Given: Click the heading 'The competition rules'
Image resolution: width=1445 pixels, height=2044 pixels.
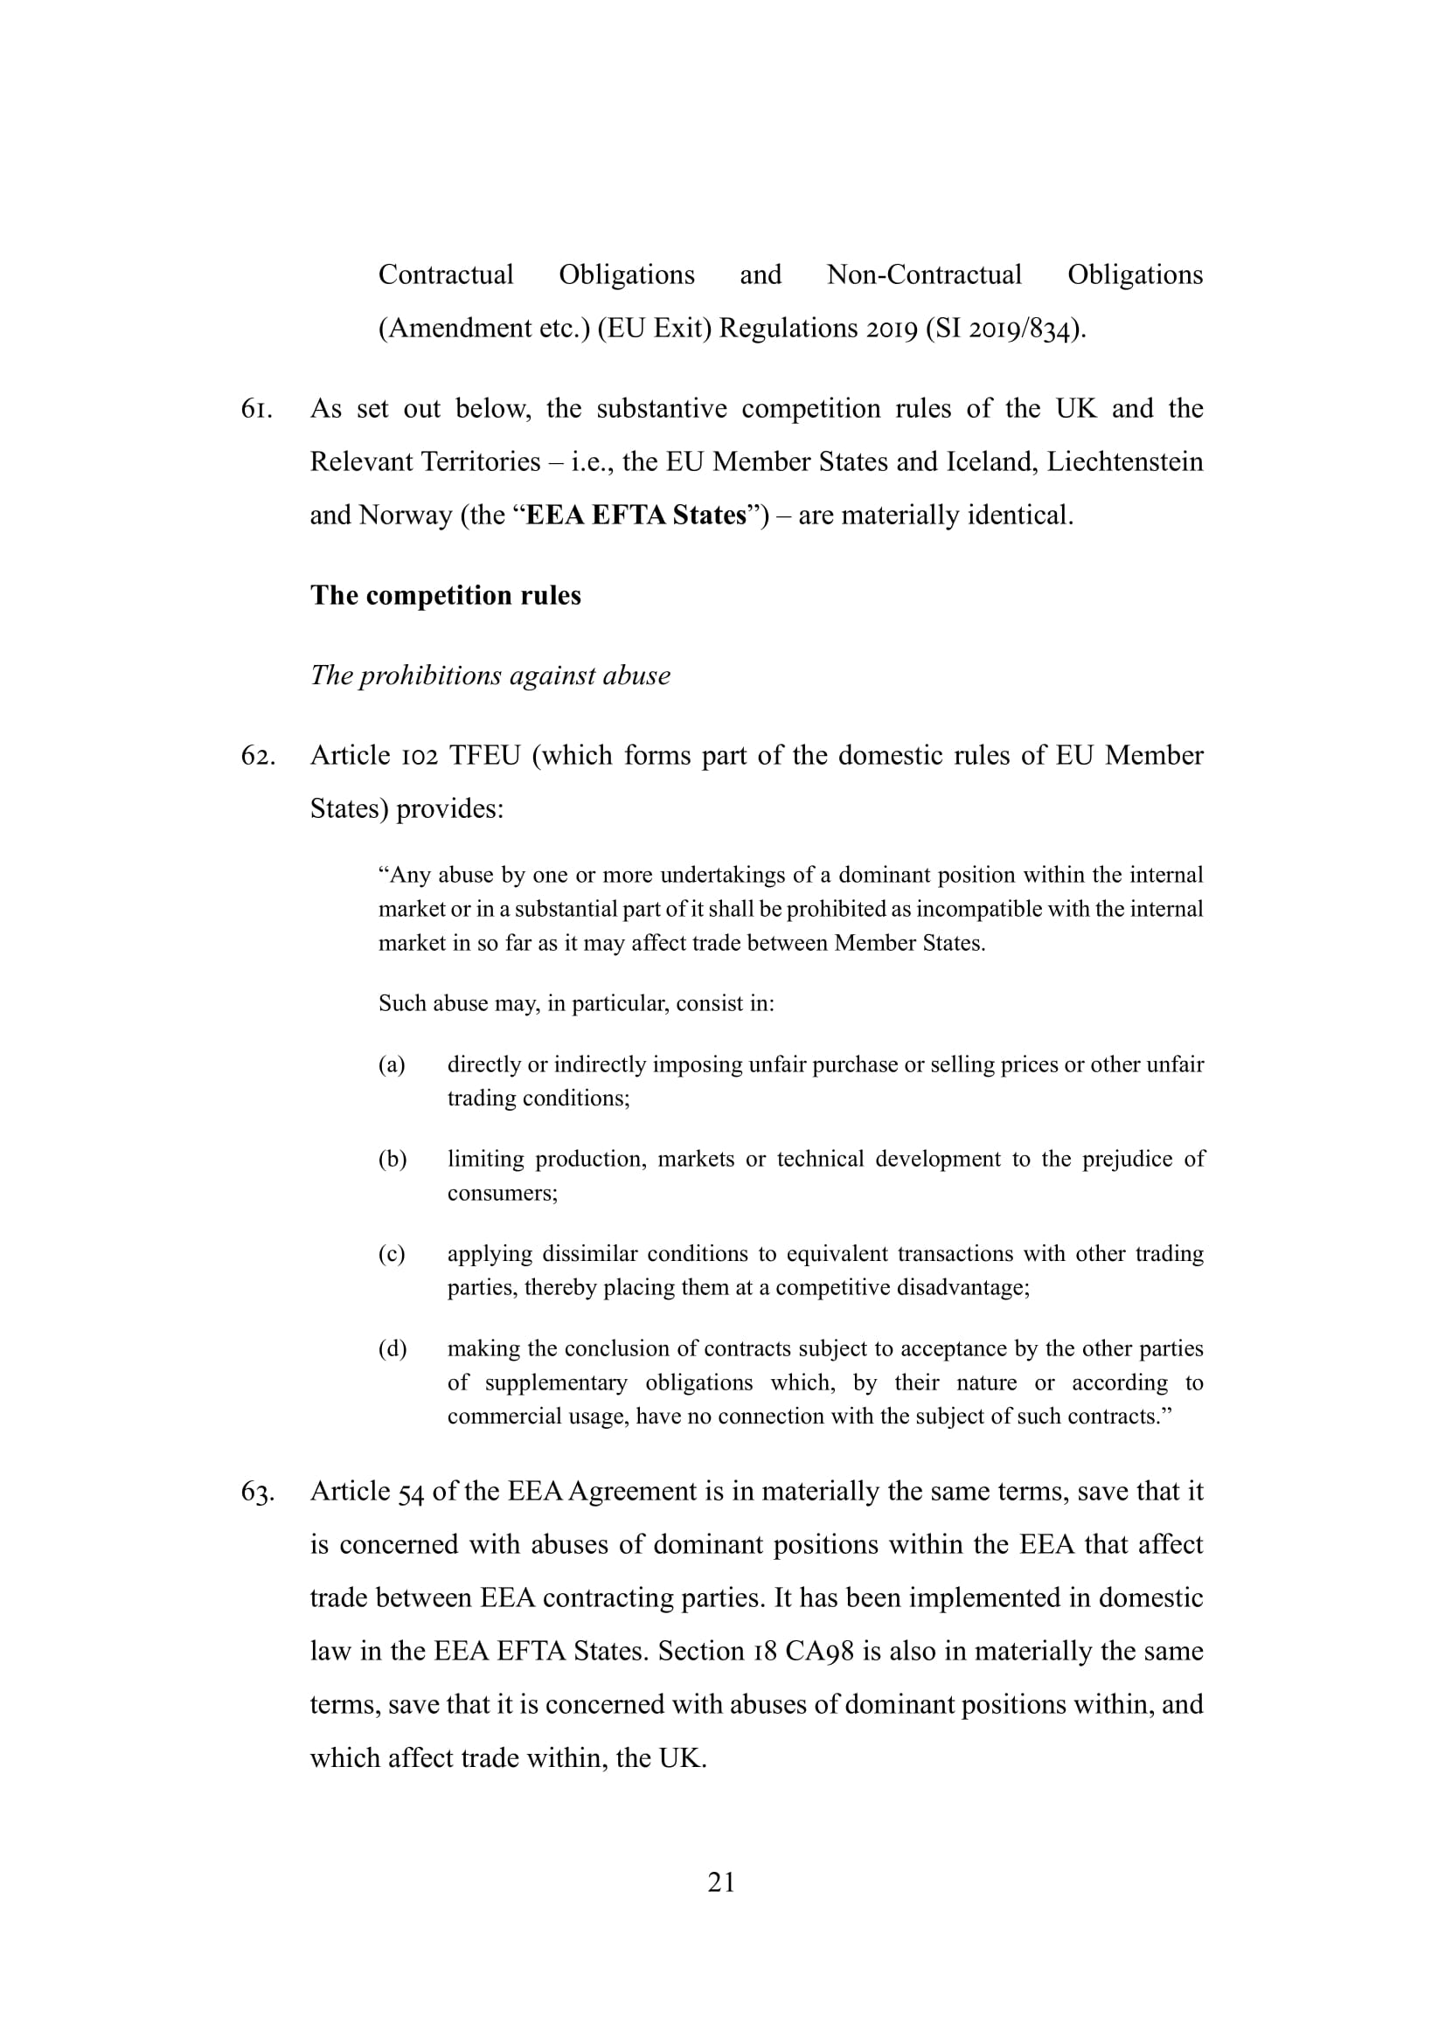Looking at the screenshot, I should [445, 595].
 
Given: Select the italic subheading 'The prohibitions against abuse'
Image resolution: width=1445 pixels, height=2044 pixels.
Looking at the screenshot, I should [490, 675].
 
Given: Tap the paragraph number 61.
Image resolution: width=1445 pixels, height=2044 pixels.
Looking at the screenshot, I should [256, 409].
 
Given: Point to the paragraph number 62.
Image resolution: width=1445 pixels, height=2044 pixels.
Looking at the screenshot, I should [257, 756].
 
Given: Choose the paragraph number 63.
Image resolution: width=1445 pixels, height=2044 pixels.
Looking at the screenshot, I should [257, 1491].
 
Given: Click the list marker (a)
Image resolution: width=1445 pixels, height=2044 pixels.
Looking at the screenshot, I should [392, 1064].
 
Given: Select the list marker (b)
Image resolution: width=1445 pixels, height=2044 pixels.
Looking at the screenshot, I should [392, 1159].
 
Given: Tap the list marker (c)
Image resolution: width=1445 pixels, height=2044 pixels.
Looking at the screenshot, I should [392, 1253].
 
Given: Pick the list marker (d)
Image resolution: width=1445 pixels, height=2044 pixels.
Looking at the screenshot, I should [392, 1348].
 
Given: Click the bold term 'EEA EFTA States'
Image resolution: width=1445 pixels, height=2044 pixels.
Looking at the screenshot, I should [636, 516].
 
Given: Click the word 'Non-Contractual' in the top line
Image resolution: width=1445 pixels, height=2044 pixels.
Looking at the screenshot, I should [924, 274].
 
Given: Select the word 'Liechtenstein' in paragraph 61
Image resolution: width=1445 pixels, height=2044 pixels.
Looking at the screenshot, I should [1124, 462].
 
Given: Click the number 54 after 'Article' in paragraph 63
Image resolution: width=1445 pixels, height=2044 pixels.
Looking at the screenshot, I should [411, 1492].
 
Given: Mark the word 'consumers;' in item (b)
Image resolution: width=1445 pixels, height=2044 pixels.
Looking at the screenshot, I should [502, 1193].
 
